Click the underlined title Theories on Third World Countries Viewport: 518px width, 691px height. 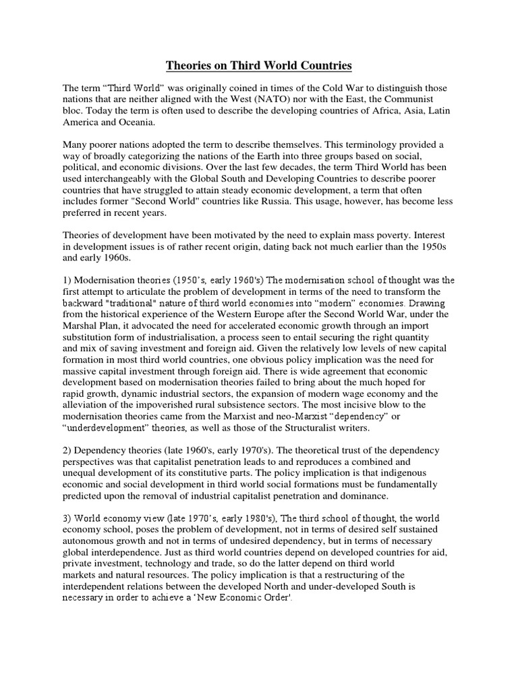pyautogui.click(x=259, y=66)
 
